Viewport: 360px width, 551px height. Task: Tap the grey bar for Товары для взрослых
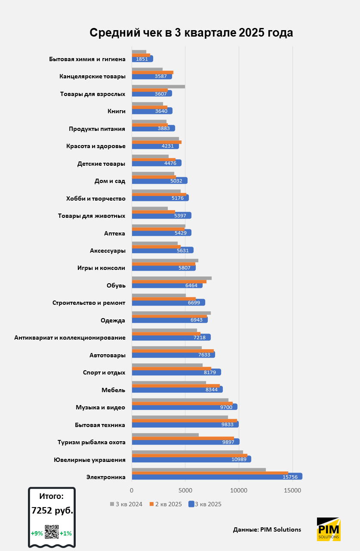[x=158, y=87]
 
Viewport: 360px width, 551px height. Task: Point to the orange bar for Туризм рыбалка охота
[x=183, y=438]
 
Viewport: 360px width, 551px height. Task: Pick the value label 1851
[x=142, y=59]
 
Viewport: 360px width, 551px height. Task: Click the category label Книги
[x=117, y=111]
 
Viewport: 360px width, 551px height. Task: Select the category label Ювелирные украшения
[x=89, y=460]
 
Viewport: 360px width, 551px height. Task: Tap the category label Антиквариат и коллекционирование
[x=70, y=337]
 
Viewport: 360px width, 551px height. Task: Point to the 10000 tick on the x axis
[x=239, y=490]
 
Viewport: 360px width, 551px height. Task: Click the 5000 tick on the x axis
[x=185, y=490]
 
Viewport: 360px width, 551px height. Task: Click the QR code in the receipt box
[x=52, y=532]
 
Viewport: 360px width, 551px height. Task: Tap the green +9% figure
[x=37, y=533]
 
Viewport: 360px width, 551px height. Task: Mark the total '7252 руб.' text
[x=52, y=511]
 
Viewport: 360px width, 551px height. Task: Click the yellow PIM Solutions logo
[x=328, y=529]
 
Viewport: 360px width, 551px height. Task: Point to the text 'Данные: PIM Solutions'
[x=267, y=529]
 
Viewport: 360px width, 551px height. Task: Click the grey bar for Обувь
[x=171, y=278]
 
